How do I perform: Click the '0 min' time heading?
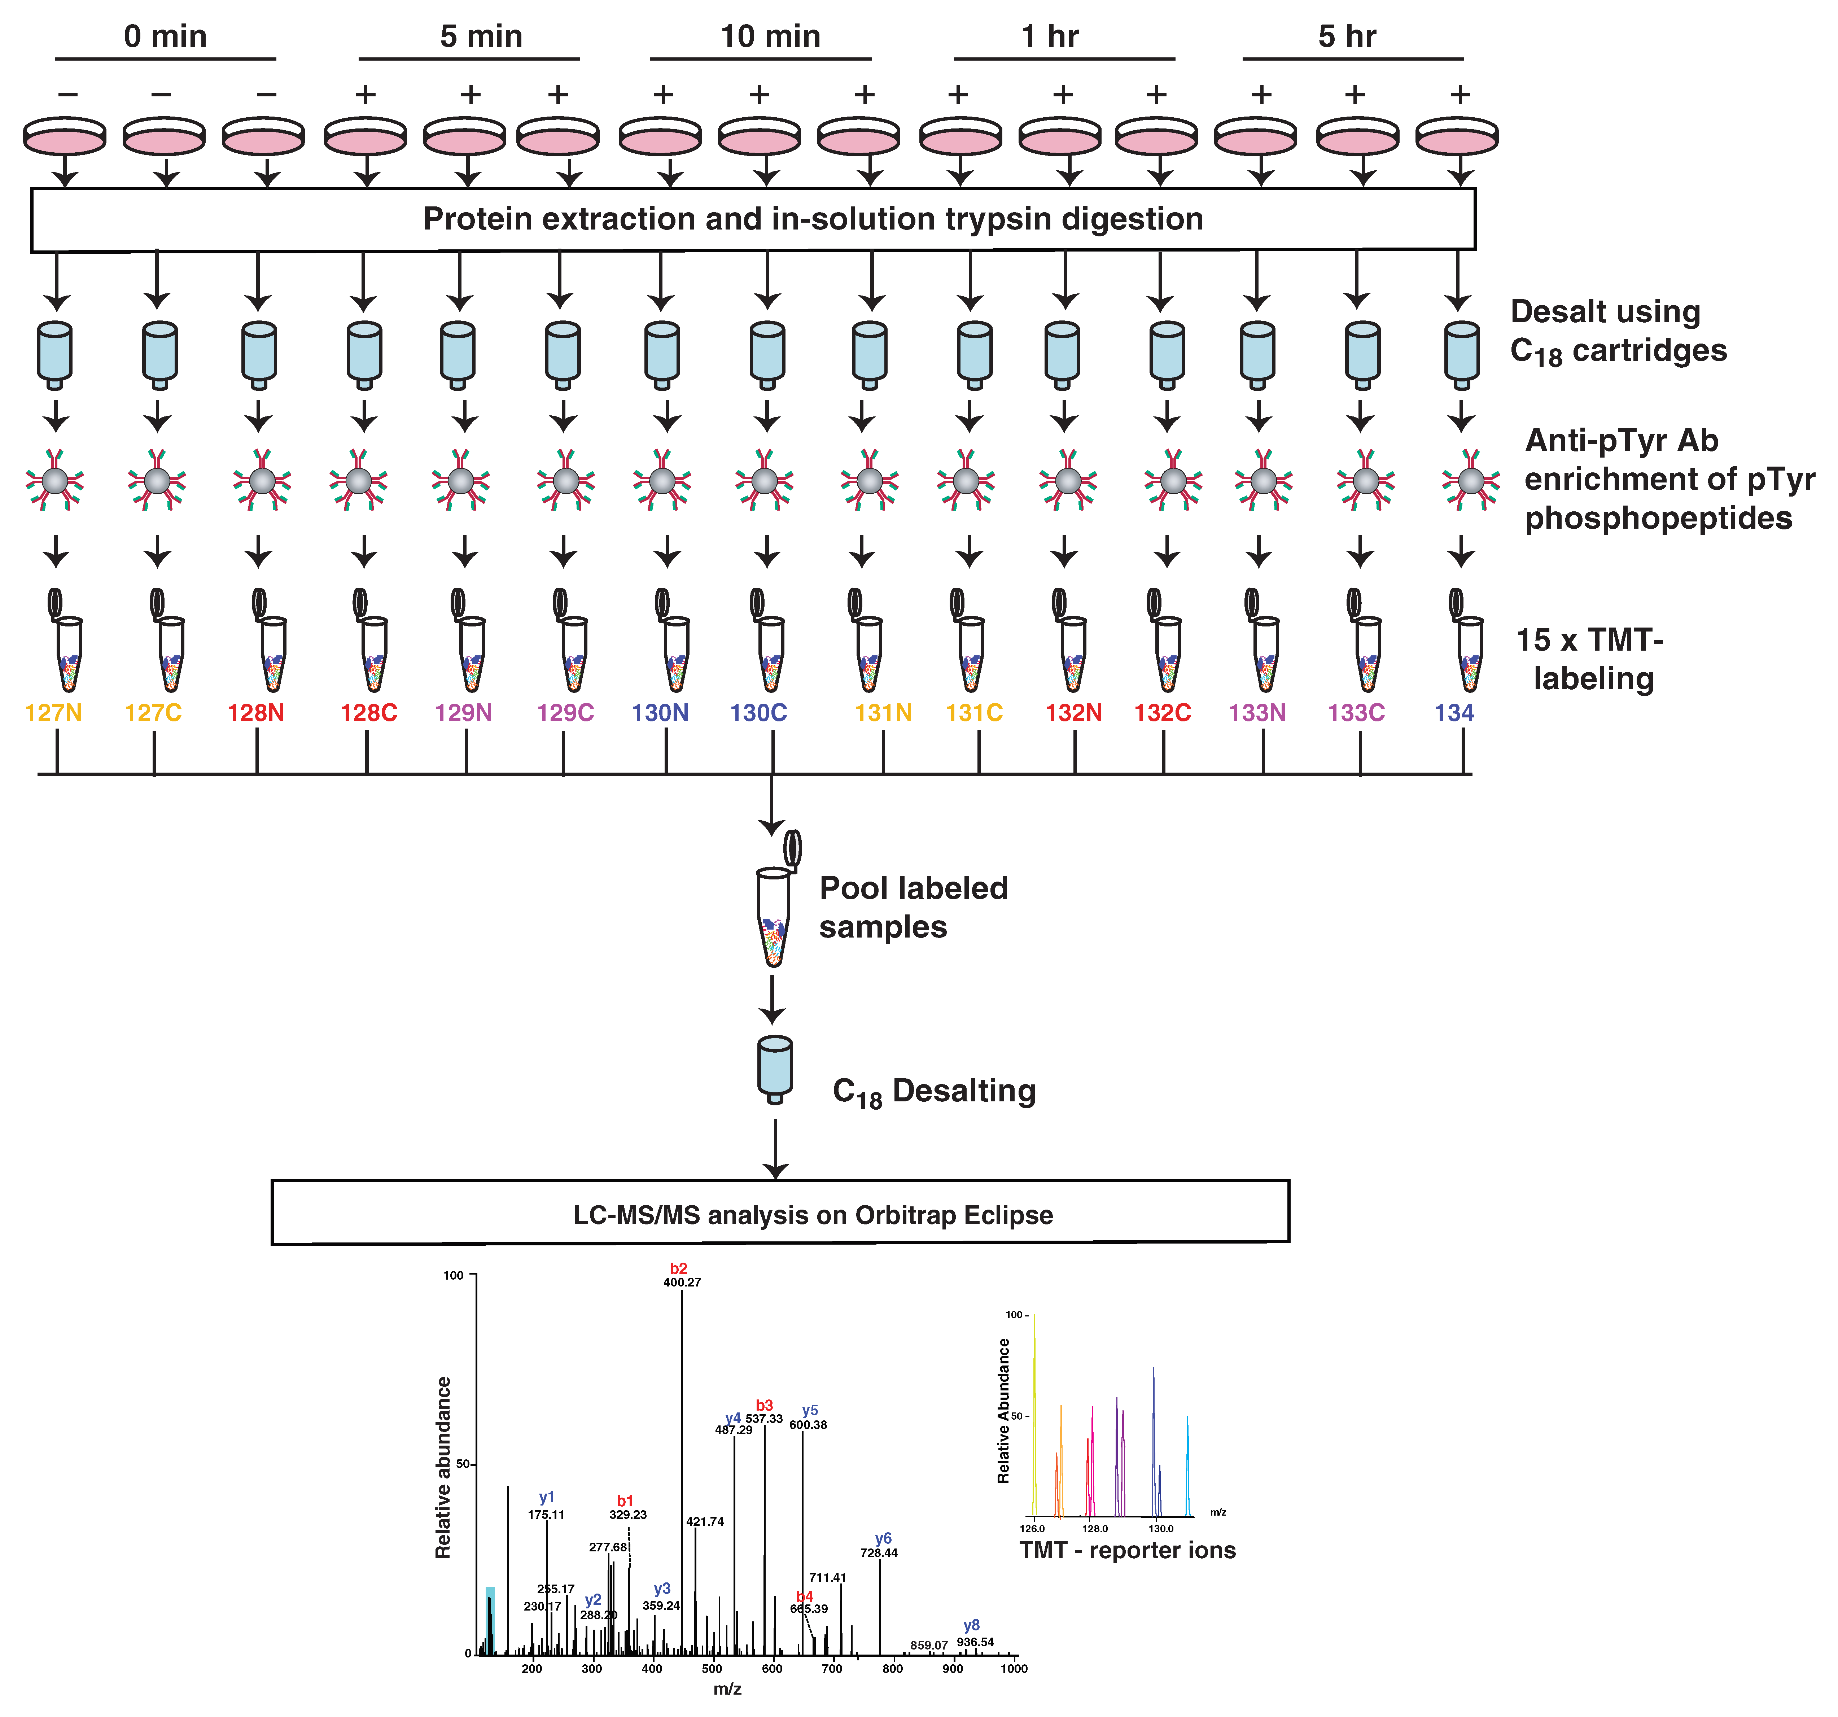pos(166,37)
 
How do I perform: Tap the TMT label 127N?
pos(54,713)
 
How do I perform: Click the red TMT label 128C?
pos(368,713)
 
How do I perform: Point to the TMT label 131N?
pos(883,713)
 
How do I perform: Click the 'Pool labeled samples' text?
pos(913,907)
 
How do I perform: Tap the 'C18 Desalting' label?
pos(934,1092)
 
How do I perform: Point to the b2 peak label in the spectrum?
pos(679,1268)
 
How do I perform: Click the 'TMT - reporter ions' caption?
pos(1127,1551)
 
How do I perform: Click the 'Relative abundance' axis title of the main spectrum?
pos(444,1467)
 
